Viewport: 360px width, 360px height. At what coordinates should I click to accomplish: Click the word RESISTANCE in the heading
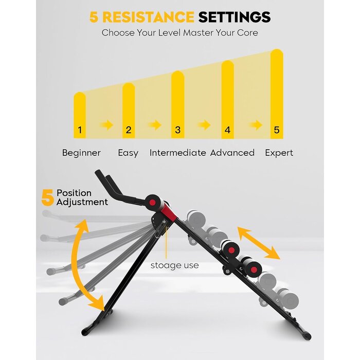[148, 17]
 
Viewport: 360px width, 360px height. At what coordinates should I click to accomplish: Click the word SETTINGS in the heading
[235, 17]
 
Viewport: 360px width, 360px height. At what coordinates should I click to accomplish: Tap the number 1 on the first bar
[80, 130]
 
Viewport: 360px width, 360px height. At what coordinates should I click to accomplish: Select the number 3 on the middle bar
[178, 130]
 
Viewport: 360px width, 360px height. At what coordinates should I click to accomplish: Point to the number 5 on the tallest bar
[277, 130]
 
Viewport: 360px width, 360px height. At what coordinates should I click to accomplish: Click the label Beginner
[81, 153]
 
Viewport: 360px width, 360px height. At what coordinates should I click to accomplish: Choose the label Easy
[128, 153]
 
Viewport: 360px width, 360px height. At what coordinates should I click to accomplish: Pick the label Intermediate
[178, 153]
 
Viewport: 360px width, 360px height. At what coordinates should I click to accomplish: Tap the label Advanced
[232, 153]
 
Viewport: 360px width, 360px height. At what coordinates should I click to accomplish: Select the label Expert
[279, 153]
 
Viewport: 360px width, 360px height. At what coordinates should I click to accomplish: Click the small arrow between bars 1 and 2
[106, 125]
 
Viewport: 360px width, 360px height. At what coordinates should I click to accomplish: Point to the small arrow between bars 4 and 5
[255, 125]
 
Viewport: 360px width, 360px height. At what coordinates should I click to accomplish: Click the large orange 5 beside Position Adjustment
[47, 197]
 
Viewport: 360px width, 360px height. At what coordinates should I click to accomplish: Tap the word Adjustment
[82, 202]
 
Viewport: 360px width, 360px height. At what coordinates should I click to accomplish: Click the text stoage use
[175, 265]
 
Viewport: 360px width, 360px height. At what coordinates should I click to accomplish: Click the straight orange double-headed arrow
[259, 243]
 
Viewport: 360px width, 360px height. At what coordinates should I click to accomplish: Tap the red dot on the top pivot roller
[152, 203]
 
